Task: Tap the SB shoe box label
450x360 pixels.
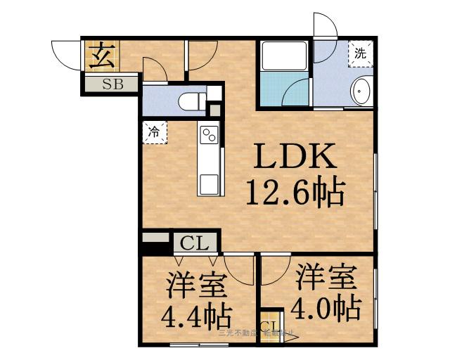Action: tap(112, 86)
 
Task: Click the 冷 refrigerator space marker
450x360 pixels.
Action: tap(154, 131)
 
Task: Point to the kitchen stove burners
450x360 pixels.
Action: tap(209, 134)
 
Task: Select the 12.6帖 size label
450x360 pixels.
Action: tap(295, 191)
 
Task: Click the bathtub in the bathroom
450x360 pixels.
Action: tap(283, 89)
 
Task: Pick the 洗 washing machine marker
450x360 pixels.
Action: tap(360, 53)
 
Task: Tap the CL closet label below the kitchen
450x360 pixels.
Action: tap(195, 244)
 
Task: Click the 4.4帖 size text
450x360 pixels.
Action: tap(189, 317)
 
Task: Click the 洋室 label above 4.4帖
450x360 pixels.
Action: tap(195, 287)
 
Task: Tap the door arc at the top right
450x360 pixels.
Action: tap(325, 27)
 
